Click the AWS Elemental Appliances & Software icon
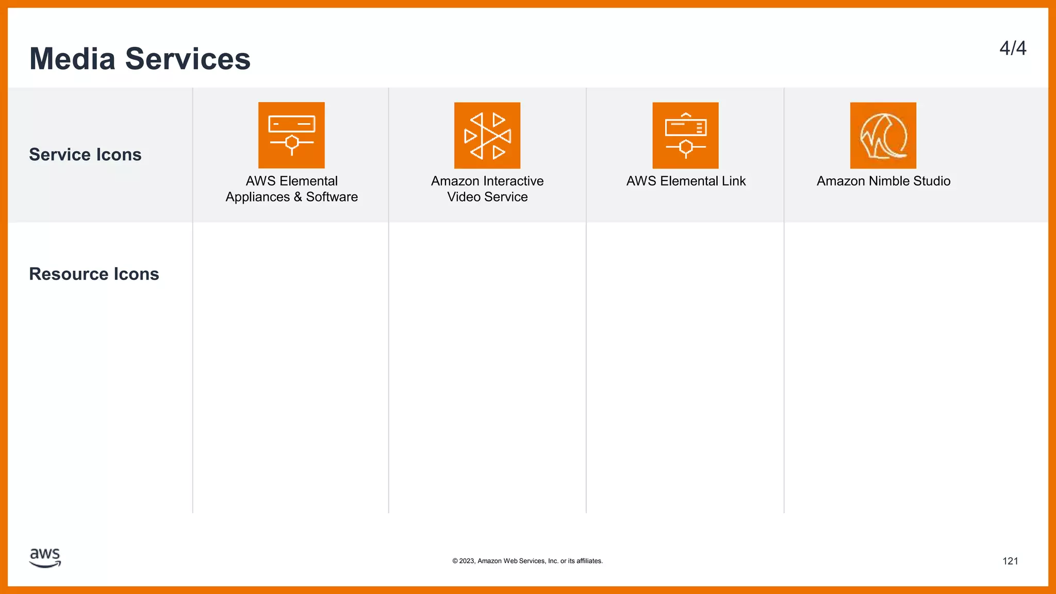291,135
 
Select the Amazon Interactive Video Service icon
487,135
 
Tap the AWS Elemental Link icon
685,135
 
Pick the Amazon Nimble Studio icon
883,135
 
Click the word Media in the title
72,59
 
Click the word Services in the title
188,59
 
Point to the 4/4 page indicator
1013,48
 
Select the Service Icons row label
85,155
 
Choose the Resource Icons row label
94,274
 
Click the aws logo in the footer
45,557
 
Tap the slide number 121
1010,561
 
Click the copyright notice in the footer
527,561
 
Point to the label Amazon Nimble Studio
883,181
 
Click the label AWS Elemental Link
686,181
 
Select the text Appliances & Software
291,197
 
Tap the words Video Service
487,197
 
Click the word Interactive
512,181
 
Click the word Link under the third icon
734,181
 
